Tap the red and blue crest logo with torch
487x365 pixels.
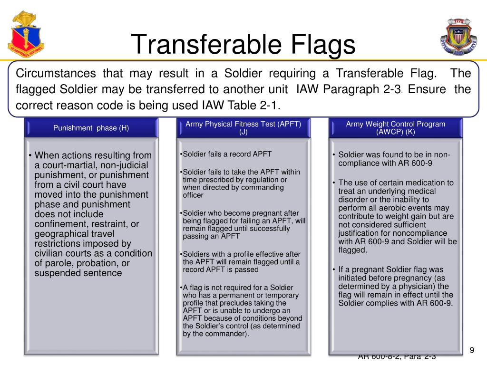pyautogui.click(x=26, y=34)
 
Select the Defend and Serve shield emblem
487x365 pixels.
pyautogui.click(x=458, y=37)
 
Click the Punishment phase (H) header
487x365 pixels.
pyautogui.click(x=91, y=128)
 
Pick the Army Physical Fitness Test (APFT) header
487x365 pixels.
pyautogui.click(x=243, y=128)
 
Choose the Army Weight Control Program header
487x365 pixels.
pyautogui.click(x=395, y=128)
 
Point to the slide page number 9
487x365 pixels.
pyautogui.click(x=472, y=350)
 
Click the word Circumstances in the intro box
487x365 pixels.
pyautogui.click(x=56, y=74)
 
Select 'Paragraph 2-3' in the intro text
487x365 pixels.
pyautogui.click(x=362, y=89)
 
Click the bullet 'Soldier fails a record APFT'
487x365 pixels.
pyautogui.click(x=227, y=154)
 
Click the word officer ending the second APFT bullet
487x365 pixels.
pyautogui.click(x=193, y=195)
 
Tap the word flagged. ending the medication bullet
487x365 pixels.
pyautogui.click(x=352, y=250)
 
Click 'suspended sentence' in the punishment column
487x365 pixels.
pyautogui.click(x=78, y=273)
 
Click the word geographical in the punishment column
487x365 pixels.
pyautogui.click(x=58, y=234)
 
